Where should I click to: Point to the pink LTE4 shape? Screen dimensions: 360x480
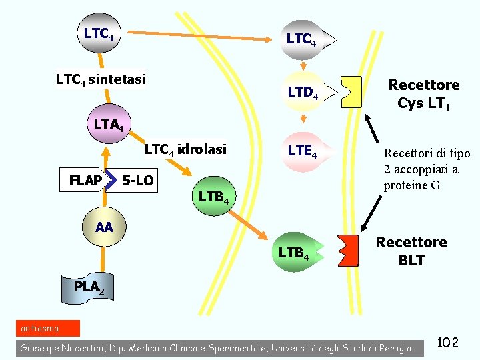(x=304, y=152)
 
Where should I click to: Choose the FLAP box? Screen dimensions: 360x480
(x=86, y=181)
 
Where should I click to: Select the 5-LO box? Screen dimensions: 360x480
(x=137, y=181)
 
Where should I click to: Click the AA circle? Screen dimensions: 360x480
(x=103, y=227)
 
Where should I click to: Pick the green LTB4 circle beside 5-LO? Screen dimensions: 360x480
(x=213, y=197)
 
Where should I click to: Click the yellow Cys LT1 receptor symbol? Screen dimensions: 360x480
(x=351, y=92)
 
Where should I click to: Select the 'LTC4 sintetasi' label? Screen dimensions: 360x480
(x=101, y=80)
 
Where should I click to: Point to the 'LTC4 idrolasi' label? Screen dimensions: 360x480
(x=185, y=149)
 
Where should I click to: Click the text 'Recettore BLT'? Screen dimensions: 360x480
(x=411, y=251)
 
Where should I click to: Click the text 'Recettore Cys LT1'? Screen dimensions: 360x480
(x=424, y=95)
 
